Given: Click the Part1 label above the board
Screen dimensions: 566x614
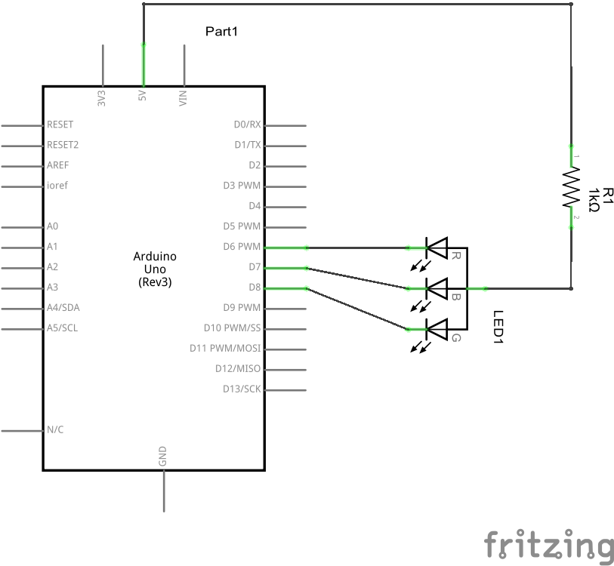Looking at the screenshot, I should tap(222, 32).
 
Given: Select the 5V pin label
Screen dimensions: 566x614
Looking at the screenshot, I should tap(142, 97).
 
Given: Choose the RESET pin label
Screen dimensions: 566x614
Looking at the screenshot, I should tap(60, 125).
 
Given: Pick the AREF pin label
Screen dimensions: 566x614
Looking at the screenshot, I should tap(58, 165).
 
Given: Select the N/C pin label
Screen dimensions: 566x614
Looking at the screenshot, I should tap(55, 430).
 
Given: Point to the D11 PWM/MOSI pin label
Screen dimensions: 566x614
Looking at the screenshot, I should tap(225, 349).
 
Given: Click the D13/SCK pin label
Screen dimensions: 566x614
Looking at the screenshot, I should tap(242, 389).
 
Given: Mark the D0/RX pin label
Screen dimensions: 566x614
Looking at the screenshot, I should tap(247, 125).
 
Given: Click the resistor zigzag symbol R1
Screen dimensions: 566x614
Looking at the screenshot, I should tap(571, 187).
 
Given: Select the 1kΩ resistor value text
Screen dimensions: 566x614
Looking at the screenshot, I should tap(594, 200).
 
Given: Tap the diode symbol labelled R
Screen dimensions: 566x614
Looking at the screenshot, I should tap(437, 247).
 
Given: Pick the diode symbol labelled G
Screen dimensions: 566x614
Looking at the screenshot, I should tap(437, 328).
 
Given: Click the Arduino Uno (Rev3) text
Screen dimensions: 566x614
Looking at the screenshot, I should tap(154, 269).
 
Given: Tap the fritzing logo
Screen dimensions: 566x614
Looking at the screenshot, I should tap(548, 546).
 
